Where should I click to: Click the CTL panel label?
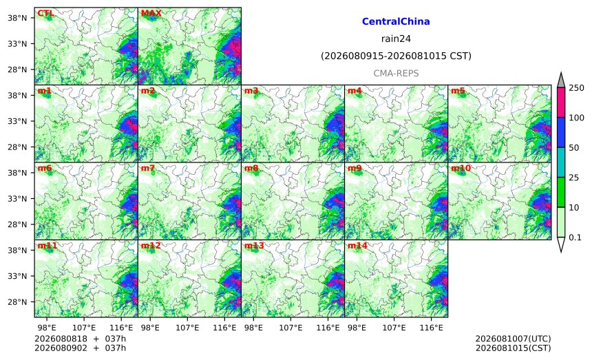click(x=45, y=14)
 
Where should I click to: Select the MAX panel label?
click(x=151, y=14)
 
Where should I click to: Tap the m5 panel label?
click(x=458, y=91)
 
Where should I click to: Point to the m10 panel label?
click(x=461, y=169)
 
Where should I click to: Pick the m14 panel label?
click(x=357, y=246)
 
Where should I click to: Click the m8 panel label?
click(x=251, y=169)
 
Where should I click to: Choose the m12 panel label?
click(x=151, y=246)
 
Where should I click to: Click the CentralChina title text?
click(x=396, y=21)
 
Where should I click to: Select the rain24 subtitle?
click(x=396, y=39)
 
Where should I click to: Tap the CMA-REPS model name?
click(x=396, y=73)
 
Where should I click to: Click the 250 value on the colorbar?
click(x=577, y=88)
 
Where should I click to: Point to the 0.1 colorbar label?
click(x=575, y=237)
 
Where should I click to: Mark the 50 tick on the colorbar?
click(x=574, y=147)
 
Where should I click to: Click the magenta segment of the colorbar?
click(x=560, y=103)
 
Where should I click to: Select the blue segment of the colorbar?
click(x=560, y=132)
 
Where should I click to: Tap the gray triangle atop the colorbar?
click(x=560, y=81)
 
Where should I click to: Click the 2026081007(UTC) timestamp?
click(x=513, y=339)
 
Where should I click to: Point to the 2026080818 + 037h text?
click(x=80, y=339)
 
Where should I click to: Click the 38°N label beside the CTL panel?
click(x=17, y=18)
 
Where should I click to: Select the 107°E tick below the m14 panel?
click(x=394, y=328)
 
